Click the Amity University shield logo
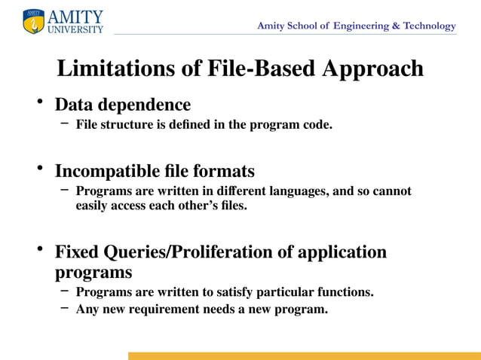tap(34, 22)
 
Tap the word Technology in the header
tap(429, 26)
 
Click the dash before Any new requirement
tap(65, 308)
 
